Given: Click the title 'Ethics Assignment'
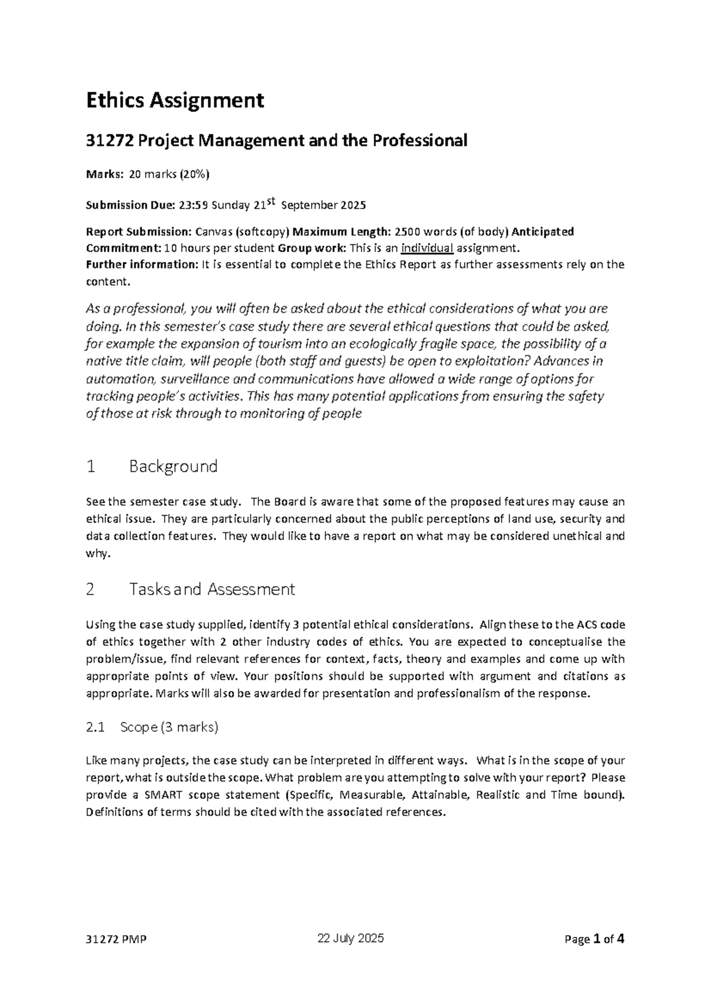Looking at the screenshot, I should (x=175, y=101).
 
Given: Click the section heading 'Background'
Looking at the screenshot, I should (x=173, y=466).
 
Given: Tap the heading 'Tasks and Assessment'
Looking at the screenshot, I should (x=212, y=590).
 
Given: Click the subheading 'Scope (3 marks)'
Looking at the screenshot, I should (x=169, y=727).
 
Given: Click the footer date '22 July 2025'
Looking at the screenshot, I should (x=351, y=939).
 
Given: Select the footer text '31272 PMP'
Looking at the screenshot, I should (x=116, y=940).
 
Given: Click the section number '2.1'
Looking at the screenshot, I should (x=95, y=727).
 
